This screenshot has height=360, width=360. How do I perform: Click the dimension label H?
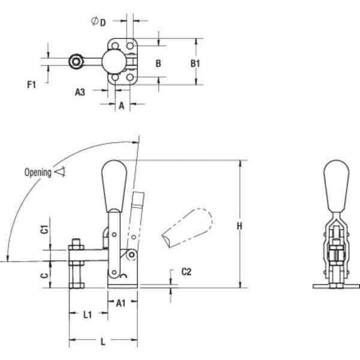pos(239,226)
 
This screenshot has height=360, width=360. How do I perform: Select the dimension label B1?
pos(195,64)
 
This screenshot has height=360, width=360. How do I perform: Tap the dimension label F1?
pos(31,85)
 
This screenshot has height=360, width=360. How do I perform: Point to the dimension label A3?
pos(80,92)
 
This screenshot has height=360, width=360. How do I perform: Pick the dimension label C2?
pos(186,272)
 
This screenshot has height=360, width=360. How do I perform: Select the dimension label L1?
pos(88,314)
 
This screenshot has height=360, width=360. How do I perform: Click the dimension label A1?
pos(121,303)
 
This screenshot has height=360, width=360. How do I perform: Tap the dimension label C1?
pos(45,229)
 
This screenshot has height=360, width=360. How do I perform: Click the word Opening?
pos(38,172)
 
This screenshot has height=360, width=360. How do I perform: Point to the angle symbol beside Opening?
pos(60,172)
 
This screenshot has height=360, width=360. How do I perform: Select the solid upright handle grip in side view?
pos(114,187)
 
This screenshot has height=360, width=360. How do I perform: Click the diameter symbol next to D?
pos(94,21)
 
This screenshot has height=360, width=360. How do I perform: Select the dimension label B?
pos(158,64)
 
